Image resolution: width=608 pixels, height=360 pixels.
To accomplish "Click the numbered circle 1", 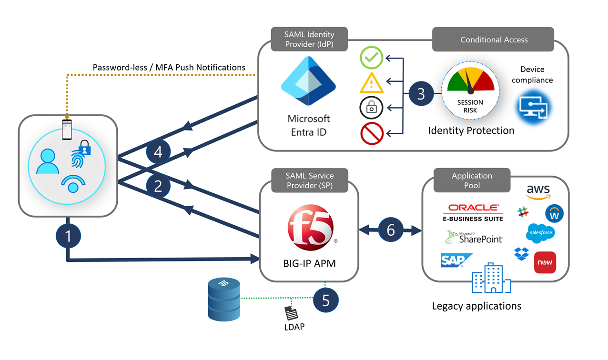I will (68, 236).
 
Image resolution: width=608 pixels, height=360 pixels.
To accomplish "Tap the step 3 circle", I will (421, 93).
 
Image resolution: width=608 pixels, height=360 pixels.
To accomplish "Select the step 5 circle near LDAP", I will (326, 300).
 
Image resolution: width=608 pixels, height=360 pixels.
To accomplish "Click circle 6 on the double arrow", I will (391, 230).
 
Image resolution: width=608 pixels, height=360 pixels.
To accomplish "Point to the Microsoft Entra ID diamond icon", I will (308, 81).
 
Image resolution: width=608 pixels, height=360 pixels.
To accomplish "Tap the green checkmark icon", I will (371, 58).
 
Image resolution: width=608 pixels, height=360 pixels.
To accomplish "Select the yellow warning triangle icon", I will (371, 83).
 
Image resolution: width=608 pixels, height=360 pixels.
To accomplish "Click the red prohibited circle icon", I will (372, 133).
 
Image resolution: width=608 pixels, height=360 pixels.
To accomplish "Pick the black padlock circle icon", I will (371, 108).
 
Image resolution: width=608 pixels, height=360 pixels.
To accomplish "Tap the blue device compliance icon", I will (533, 107).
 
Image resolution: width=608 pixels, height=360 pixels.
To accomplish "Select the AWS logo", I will (538, 191).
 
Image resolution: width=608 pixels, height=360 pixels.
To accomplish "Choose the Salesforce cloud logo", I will (540, 233).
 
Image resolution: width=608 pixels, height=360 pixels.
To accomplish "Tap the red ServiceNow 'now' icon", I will (545, 262).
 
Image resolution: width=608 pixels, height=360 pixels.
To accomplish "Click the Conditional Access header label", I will (494, 40).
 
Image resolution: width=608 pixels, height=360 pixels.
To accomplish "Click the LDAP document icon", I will (291, 313).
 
